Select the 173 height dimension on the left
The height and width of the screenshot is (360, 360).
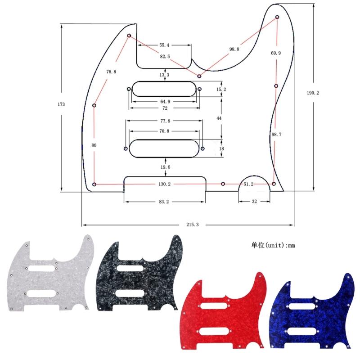click(x=61, y=104)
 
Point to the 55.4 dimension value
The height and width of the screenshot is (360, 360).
click(x=164, y=45)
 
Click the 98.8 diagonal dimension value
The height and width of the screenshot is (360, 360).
click(x=234, y=49)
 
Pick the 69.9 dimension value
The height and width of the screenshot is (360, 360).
click(x=276, y=53)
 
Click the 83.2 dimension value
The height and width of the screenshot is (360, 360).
click(x=164, y=202)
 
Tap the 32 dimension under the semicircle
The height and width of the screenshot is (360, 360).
click(x=254, y=202)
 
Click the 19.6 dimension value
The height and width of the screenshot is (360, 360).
click(x=166, y=167)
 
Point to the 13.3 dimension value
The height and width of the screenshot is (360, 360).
click(x=164, y=75)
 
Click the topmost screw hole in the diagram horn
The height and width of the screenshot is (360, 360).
click(x=277, y=17)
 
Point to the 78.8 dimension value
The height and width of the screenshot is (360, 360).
click(x=111, y=72)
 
